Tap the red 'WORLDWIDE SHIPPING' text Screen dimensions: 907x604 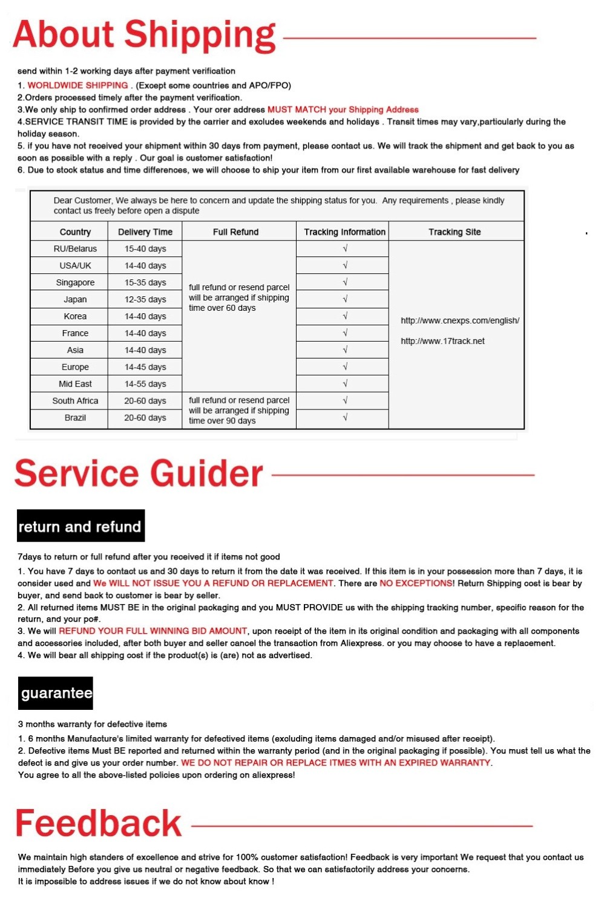77,85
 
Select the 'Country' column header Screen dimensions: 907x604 75,232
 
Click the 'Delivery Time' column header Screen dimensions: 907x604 145,232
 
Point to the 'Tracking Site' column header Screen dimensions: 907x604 455,232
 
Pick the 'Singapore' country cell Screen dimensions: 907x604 75,282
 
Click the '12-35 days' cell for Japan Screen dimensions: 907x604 145,299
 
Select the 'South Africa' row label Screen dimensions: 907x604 75,401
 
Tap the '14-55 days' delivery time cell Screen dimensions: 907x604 145,384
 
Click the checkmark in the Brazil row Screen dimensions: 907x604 345,417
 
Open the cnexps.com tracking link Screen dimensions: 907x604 459,320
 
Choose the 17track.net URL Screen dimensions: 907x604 442,341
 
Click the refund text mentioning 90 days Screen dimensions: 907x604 238,411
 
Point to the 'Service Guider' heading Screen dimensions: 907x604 139,473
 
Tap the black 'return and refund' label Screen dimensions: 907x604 80,527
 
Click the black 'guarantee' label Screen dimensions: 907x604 56,693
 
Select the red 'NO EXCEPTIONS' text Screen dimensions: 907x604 416,584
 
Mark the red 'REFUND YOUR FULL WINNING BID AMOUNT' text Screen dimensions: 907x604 153,631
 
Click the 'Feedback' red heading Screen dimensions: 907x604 98,824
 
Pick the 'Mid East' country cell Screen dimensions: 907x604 75,384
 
